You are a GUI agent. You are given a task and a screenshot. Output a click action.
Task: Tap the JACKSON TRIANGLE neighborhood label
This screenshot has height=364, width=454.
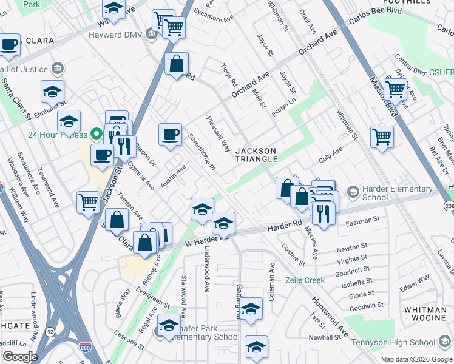(256, 155)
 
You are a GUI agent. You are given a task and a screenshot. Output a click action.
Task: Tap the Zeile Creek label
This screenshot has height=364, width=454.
(305, 280)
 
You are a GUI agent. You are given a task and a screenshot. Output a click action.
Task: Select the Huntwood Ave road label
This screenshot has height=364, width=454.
(330, 315)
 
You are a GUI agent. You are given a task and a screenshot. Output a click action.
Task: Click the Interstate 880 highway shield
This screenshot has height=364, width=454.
(84, 346)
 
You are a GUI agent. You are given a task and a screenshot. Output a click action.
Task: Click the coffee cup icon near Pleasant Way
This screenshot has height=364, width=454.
(171, 134)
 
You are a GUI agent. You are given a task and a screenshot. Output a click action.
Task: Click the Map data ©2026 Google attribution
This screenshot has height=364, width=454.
(417, 359)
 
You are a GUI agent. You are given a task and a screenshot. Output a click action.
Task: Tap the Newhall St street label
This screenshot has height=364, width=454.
(324, 337)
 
